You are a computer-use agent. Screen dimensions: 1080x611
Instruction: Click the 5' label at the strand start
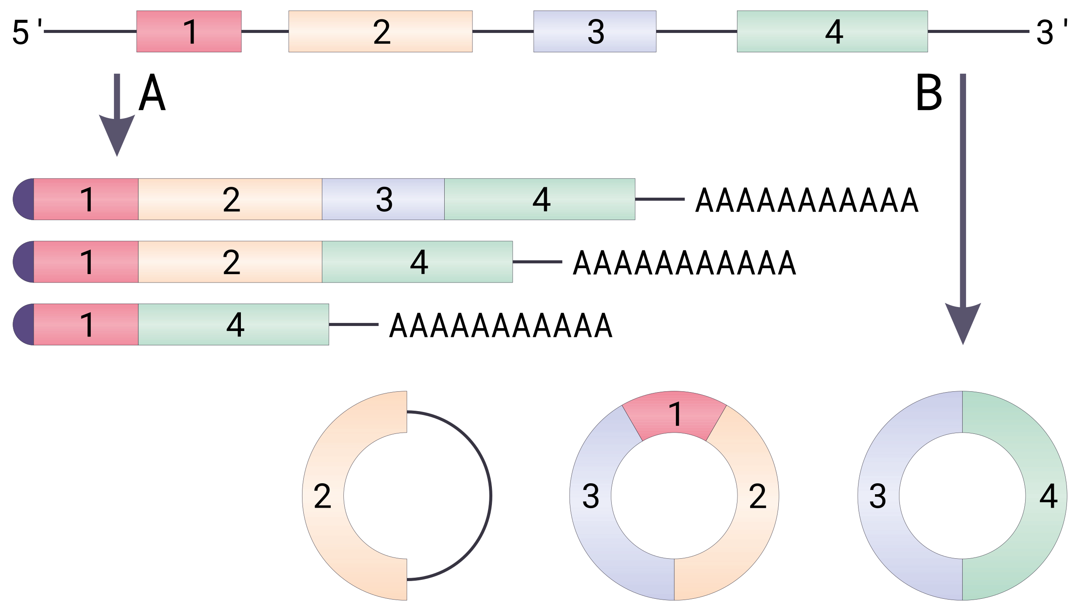tap(27, 32)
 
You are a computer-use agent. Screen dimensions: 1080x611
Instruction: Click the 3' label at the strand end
tap(1051, 32)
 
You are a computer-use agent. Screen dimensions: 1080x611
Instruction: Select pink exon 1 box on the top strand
tap(189, 32)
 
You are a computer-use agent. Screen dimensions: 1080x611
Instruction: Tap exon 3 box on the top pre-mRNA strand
tap(595, 32)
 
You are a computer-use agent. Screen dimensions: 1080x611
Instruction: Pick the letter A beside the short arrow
tap(152, 93)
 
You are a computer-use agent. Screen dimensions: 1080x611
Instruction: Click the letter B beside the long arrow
tap(929, 93)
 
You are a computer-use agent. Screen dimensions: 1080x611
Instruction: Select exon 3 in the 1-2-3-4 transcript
tap(383, 199)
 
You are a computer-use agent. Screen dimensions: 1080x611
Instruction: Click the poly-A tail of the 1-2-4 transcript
tap(684, 262)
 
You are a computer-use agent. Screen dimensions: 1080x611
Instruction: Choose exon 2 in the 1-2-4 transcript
tap(230, 262)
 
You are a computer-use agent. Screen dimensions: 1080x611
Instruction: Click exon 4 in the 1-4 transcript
tap(234, 324)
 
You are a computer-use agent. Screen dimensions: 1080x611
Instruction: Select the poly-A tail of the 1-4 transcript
tap(501, 325)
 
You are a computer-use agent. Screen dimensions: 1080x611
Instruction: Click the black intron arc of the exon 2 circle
tap(491, 495)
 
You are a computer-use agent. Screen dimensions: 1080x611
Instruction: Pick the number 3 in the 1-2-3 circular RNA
tap(591, 496)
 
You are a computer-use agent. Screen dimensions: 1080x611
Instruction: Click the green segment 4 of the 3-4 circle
tap(1046, 495)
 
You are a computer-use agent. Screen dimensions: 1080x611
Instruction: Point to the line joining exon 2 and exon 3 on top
tap(503, 31)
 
